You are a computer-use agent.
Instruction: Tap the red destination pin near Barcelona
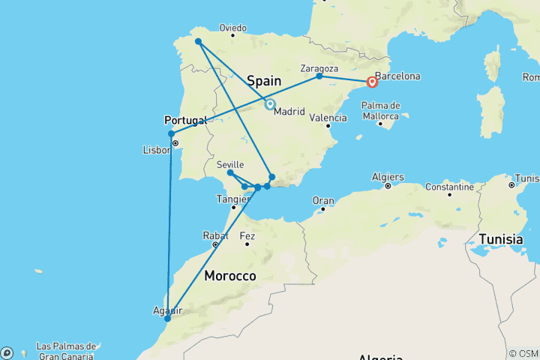click(x=372, y=83)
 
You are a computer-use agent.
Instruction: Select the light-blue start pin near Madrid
click(x=269, y=105)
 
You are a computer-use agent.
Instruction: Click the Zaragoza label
click(x=319, y=65)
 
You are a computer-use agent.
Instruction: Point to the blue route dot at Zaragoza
click(x=319, y=76)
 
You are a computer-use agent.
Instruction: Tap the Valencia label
click(x=328, y=118)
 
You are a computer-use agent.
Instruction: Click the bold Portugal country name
click(x=184, y=120)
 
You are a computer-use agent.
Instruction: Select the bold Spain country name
click(x=264, y=80)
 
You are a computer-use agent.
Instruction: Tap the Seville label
click(x=230, y=164)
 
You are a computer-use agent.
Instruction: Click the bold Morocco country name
click(x=230, y=276)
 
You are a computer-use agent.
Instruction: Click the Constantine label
click(x=449, y=186)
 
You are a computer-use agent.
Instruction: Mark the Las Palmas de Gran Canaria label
click(x=66, y=350)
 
